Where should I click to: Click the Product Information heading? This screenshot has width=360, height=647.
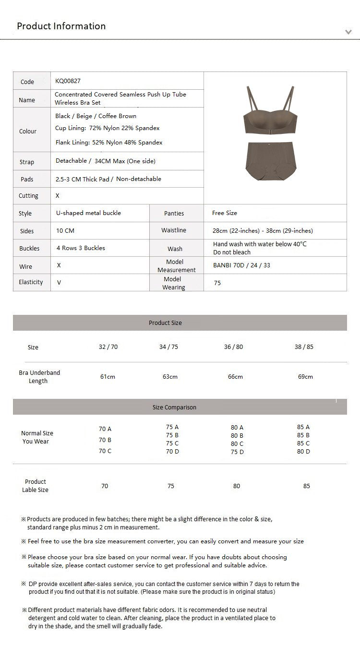pyautogui.click(x=61, y=26)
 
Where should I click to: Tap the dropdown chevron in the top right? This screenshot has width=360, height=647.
pyautogui.click(x=348, y=32)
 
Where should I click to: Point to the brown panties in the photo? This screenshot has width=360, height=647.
pyautogui.click(x=272, y=161)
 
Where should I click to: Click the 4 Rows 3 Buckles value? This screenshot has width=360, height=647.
pyautogui.click(x=81, y=248)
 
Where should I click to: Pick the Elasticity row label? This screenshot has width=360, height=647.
pyautogui.click(x=31, y=282)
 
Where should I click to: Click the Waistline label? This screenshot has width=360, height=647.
pyautogui.click(x=174, y=230)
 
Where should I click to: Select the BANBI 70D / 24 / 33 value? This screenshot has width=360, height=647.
pyautogui.click(x=241, y=265)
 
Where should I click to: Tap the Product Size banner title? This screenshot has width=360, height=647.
pyautogui.click(x=165, y=323)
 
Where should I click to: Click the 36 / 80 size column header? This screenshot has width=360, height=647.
pyautogui.click(x=233, y=347)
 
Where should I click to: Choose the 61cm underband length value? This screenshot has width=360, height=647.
pyautogui.click(x=108, y=377)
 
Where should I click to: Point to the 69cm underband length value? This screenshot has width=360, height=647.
pyautogui.click(x=305, y=377)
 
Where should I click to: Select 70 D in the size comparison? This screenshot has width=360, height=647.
pyautogui.click(x=172, y=452)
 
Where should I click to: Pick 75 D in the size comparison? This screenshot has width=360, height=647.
pyautogui.click(x=237, y=452)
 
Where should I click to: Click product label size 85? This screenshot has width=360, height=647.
pyautogui.click(x=307, y=486)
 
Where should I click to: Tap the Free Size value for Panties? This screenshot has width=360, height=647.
pyautogui.click(x=225, y=213)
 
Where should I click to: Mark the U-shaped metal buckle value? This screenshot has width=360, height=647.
pyautogui.click(x=88, y=213)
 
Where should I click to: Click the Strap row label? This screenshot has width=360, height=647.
pyautogui.click(x=27, y=162)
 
